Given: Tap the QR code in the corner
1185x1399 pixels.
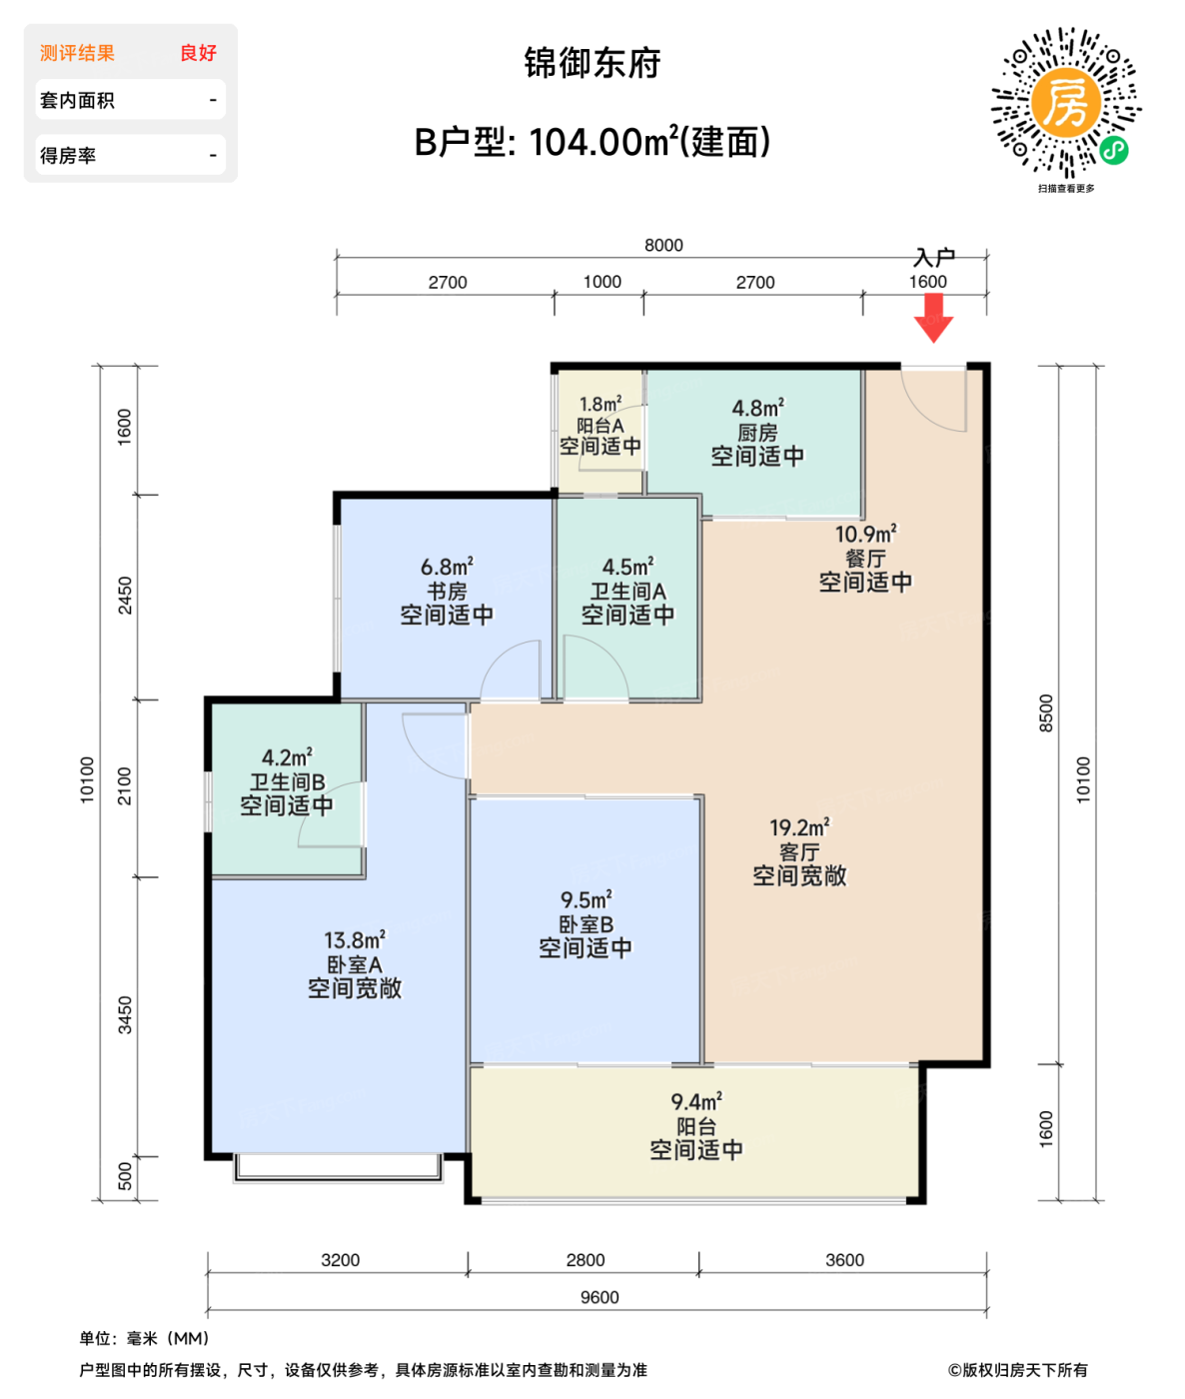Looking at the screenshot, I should (1066, 104).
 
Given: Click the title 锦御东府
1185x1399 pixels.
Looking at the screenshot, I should (592, 63).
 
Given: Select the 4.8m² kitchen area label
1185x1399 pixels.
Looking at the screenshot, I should (756, 432).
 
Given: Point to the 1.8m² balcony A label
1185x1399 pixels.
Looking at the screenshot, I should (599, 426).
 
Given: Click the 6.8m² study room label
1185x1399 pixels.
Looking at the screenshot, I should (447, 591).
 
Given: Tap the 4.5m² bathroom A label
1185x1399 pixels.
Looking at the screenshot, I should (627, 591).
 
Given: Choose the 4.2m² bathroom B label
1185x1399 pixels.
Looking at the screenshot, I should (287, 781).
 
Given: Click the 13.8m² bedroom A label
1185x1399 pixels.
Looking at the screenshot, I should (355, 964).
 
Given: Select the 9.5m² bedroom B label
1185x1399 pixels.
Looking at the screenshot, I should (586, 924).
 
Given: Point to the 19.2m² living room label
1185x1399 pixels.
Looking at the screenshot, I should (799, 851).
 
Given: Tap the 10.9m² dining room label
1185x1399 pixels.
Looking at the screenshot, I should (865, 558).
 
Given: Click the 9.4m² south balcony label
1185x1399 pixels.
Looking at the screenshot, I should (696, 1126).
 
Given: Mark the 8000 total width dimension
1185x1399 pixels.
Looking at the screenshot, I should (663, 246).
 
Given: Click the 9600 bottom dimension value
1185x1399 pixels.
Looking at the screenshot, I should (599, 1297).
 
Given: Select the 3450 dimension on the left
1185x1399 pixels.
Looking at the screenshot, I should (125, 1015).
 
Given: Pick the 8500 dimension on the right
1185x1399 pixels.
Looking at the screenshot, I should (1046, 713).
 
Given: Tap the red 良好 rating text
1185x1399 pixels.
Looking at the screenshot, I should (198, 53).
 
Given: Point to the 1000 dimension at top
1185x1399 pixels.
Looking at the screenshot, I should (601, 282).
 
